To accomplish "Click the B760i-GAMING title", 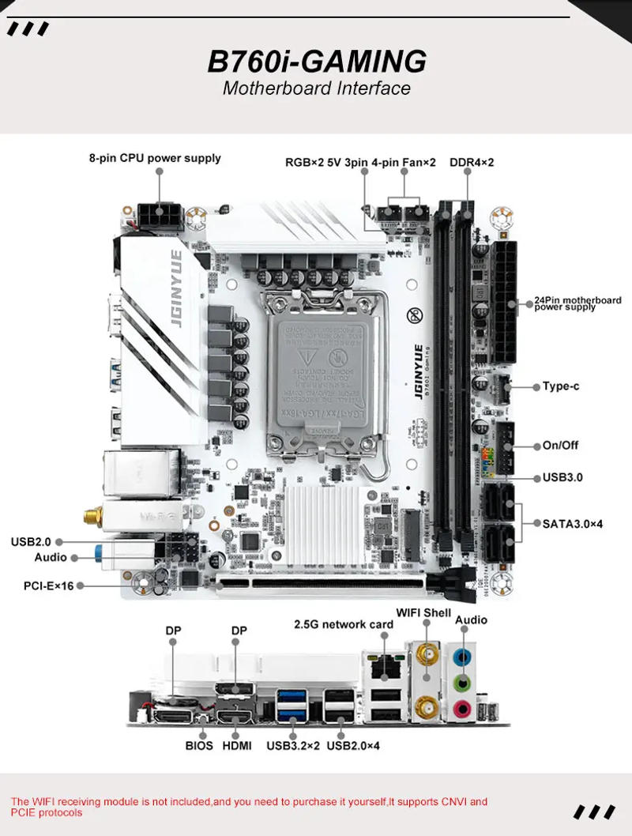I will coord(316,61).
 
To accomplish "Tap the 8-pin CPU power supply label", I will coord(155,158).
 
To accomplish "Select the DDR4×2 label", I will coord(472,163).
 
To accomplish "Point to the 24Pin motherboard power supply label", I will coord(577,303).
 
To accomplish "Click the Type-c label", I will coord(560,386).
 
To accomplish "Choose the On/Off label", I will coord(560,445).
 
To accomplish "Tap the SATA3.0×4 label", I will coord(572,523).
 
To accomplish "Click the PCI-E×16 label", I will coord(48,586).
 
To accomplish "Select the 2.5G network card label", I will coord(343,624).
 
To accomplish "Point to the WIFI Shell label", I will coord(423,613).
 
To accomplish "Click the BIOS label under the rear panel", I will coord(199,745).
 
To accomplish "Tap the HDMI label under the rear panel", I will coord(237,745).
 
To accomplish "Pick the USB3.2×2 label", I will coord(293,745).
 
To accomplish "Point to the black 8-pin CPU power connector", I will coord(160,215).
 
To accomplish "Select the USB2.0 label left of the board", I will coord(31,541).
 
